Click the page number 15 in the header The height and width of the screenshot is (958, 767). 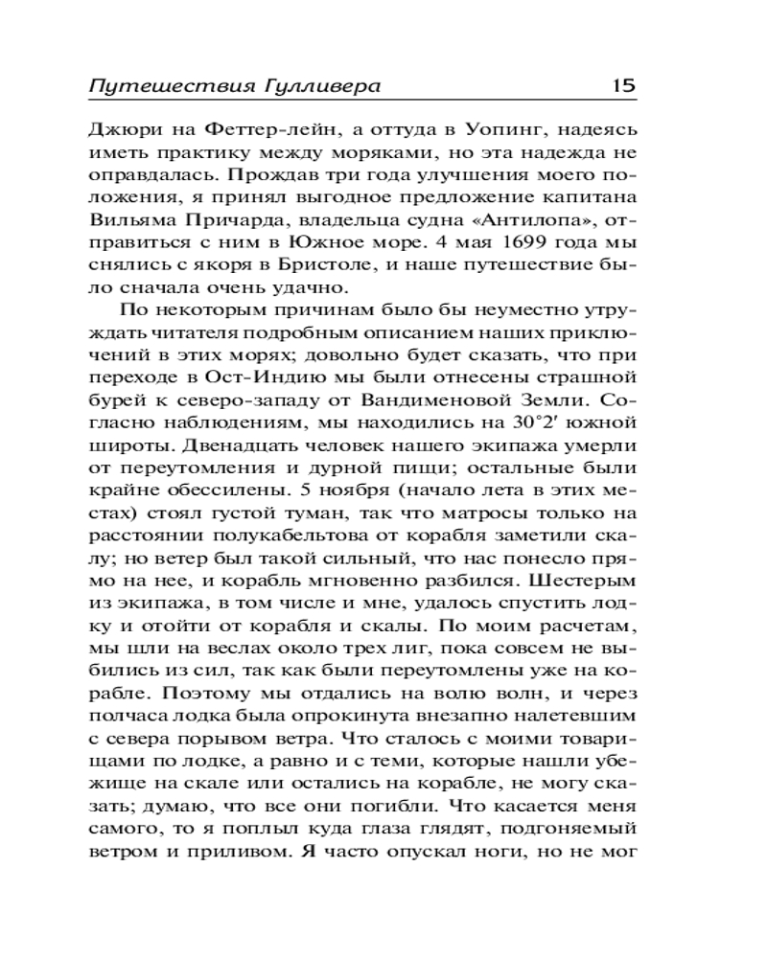pyautogui.click(x=623, y=86)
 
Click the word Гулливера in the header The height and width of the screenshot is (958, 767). pyautogui.click(x=322, y=87)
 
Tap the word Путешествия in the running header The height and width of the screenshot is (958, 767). pyautogui.click(x=170, y=87)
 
